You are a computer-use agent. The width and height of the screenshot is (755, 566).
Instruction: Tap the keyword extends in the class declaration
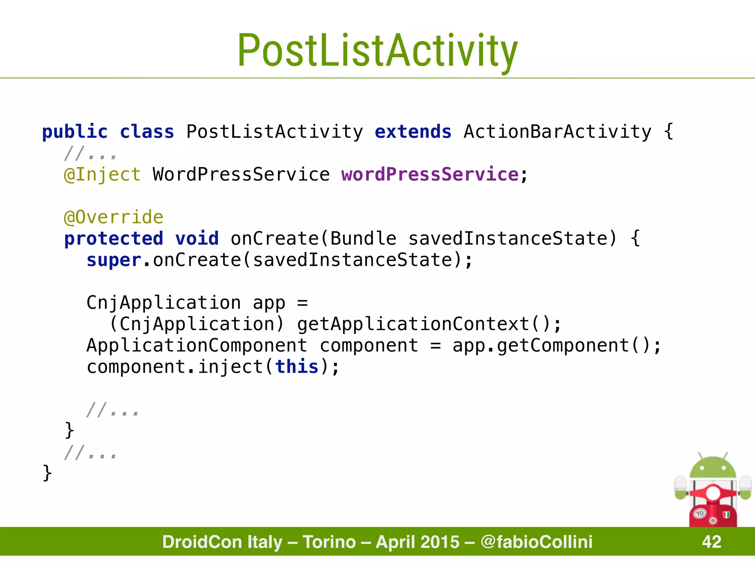coord(413,132)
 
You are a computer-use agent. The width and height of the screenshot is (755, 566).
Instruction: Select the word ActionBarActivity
coord(557,132)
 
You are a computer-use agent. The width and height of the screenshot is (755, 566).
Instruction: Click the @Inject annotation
coord(102,174)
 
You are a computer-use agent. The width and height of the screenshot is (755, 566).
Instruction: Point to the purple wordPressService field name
coord(430,174)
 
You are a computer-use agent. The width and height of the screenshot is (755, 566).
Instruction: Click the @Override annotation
coord(114,217)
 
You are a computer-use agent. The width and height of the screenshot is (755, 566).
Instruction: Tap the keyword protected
coord(114,238)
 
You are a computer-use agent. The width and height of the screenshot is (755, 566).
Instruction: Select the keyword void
coord(197,238)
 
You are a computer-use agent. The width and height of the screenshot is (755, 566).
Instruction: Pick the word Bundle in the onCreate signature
coord(363,238)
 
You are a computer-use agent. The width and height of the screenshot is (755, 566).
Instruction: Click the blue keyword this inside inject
coord(297,367)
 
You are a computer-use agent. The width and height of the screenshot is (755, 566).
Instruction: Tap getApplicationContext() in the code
coord(424,324)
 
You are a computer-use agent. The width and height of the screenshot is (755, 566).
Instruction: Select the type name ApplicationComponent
coord(197,346)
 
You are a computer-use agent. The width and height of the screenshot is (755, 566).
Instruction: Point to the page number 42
coord(711,542)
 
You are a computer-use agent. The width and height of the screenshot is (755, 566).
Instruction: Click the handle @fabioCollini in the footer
coord(536,542)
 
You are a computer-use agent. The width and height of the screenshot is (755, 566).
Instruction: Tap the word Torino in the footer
coord(329,542)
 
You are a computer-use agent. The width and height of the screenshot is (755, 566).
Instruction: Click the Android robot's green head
coord(713,468)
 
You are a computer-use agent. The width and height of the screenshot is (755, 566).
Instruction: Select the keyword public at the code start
coord(75,132)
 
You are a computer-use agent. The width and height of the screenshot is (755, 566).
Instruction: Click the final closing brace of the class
coord(47,473)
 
